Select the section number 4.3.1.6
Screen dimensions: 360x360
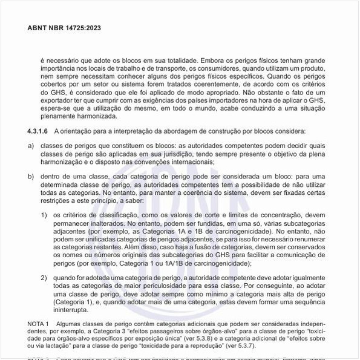coord(38,131)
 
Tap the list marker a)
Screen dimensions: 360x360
coord(31,145)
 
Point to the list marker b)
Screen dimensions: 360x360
coord(31,175)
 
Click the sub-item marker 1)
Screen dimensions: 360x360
coord(44,215)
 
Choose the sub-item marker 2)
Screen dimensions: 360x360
coord(44,278)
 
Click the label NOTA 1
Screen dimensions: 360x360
coord(40,324)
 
